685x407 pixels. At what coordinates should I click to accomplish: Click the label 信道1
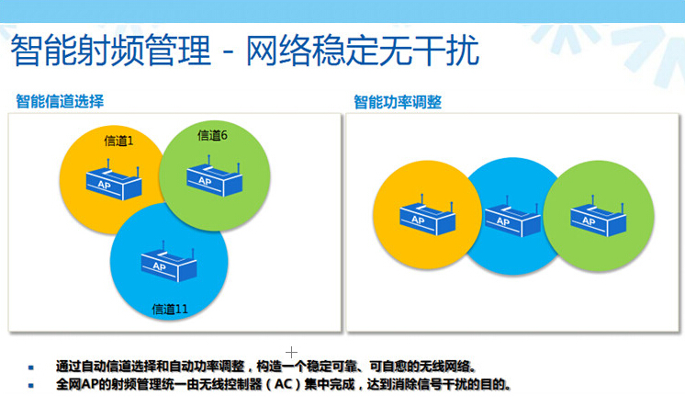(118, 141)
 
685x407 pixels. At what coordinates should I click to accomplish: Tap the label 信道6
(212, 135)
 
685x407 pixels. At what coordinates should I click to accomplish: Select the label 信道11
(170, 309)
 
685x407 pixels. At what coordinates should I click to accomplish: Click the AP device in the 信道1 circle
(114, 180)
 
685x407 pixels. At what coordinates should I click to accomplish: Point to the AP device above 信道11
(169, 261)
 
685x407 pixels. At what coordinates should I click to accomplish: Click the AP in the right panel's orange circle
(428, 215)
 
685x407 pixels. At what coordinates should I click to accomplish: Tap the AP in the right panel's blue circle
(512, 217)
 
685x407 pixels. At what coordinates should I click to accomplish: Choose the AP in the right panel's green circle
(598, 216)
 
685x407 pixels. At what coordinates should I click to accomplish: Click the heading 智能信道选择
(60, 101)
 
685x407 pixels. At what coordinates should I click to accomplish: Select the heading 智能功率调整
(398, 102)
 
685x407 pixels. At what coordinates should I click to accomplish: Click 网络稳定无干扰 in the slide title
(363, 51)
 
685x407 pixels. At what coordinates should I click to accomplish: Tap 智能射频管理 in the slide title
(110, 51)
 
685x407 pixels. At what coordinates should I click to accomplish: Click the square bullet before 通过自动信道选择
(30, 367)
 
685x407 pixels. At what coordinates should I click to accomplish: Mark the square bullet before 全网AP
(30, 386)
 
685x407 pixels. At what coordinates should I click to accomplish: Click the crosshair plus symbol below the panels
(291, 352)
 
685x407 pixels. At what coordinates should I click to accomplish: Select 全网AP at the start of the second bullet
(78, 385)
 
